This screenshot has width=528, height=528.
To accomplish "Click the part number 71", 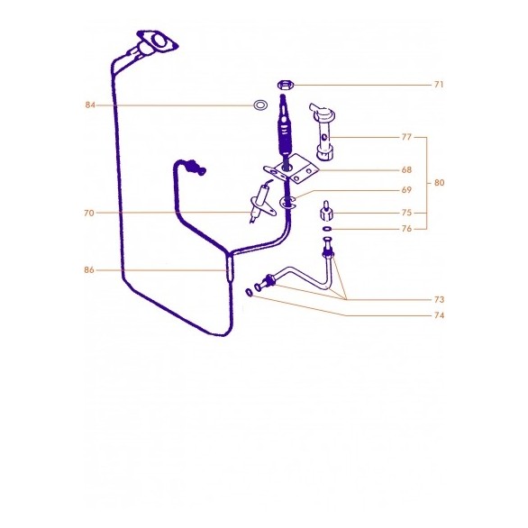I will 438,85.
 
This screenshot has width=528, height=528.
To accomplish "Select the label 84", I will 90,105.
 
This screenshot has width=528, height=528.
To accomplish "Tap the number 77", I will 406,138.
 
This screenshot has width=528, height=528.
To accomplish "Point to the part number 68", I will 406,169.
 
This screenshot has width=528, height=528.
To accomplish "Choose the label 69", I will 406,191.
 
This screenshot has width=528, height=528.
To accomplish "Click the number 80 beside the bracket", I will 439,183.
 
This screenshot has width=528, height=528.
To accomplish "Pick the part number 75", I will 406,214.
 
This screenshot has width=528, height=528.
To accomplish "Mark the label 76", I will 406,229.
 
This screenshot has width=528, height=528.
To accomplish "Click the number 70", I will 88,214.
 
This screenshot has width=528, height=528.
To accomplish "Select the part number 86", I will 89,270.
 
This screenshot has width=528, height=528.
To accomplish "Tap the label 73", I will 439,298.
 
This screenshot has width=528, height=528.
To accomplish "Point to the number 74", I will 439,315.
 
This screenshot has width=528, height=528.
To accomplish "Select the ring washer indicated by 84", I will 259,105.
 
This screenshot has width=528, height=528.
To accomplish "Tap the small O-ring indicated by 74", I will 248,291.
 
